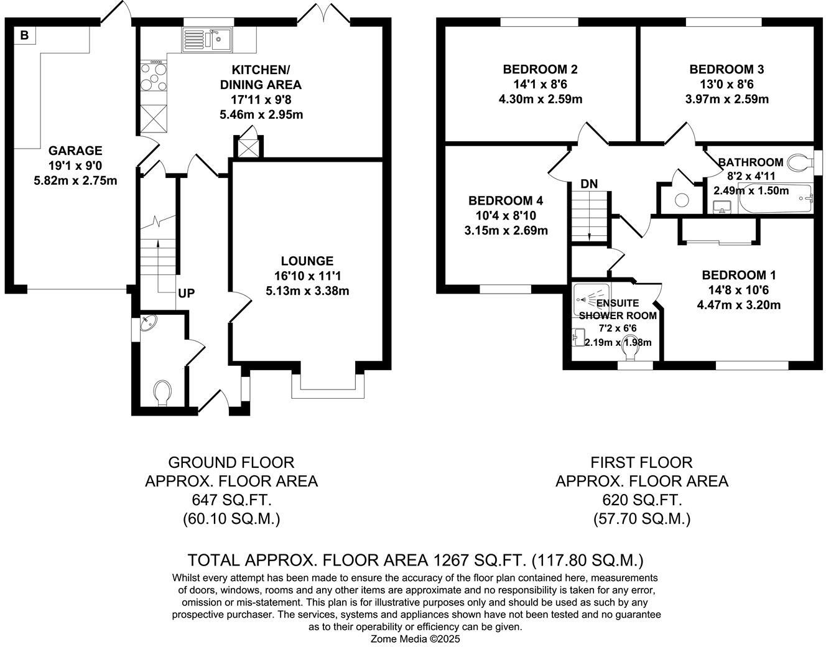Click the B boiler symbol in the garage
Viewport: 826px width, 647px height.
pyautogui.click(x=24, y=35)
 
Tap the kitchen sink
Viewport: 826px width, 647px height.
pyautogui.click(x=207, y=40)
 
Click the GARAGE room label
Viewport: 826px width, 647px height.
pyautogui.click(x=75, y=151)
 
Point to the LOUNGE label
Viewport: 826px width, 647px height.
pyautogui.click(x=307, y=261)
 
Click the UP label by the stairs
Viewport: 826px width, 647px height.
pyautogui.click(x=186, y=294)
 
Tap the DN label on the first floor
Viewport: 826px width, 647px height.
pyautogui.click(x=588, y=184)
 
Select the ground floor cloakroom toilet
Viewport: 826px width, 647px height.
pyautogui.click(x=162, y=392)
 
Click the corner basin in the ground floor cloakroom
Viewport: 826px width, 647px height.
pyautogui.click(x=148, y=325)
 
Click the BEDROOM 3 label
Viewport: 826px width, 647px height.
pyautogui.click(x=726, y=69)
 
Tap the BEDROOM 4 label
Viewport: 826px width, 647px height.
pyautogui.click(x=506, y=201)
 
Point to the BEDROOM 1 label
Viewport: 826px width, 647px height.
pyautogui.click(x=738, y=275)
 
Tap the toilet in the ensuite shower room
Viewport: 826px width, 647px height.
pyautogui.click(x=629, y=352)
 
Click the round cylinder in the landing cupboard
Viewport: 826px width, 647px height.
pyautogui.click(x=682, y=200)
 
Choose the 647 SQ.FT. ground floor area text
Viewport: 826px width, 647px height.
pyautogui.click(x=231, y=500)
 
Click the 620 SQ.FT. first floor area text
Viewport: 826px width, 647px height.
pyautogui.click(x=641, y=500)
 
